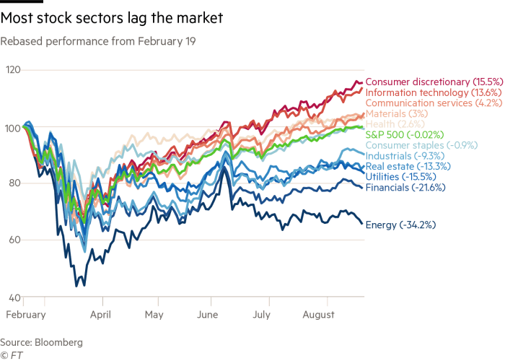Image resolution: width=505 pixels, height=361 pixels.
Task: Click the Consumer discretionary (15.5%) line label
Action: pos(419,82)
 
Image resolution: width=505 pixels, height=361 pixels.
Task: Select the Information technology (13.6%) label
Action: pos(418,92)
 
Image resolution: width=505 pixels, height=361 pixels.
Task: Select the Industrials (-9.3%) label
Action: pos(398,155)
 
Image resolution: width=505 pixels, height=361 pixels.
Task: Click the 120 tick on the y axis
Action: pos(12,70)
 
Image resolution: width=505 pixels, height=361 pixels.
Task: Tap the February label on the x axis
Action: pos(25,315)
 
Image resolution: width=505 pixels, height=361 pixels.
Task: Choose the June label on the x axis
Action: pos(208,315)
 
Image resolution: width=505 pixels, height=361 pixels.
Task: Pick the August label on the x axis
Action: pos(319,315)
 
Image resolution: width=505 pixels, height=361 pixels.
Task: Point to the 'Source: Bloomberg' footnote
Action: pos(41,342)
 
